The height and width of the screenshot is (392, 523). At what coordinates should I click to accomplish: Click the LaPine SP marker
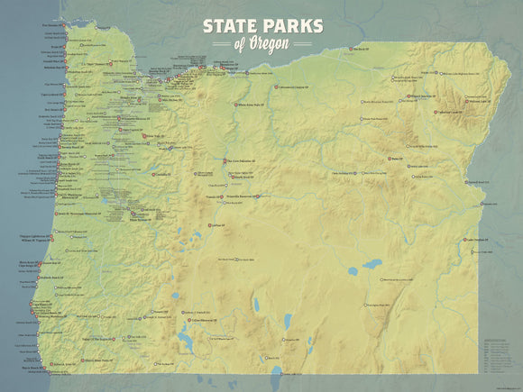pyautogui.click(x=209, y=225)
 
